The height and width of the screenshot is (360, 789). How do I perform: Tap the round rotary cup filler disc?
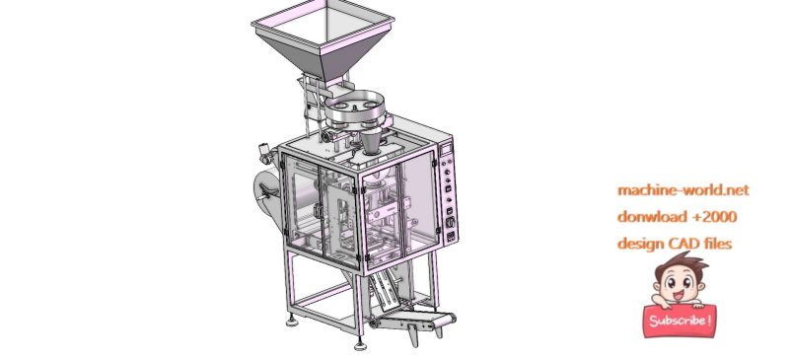pos(358,108)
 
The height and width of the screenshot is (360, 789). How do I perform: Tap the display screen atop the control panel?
pos(445,149)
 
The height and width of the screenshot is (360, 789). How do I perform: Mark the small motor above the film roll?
pos(265,153)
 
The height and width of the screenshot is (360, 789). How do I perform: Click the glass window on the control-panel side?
pos(418,202)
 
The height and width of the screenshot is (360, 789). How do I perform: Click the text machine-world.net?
pos(683,189)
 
